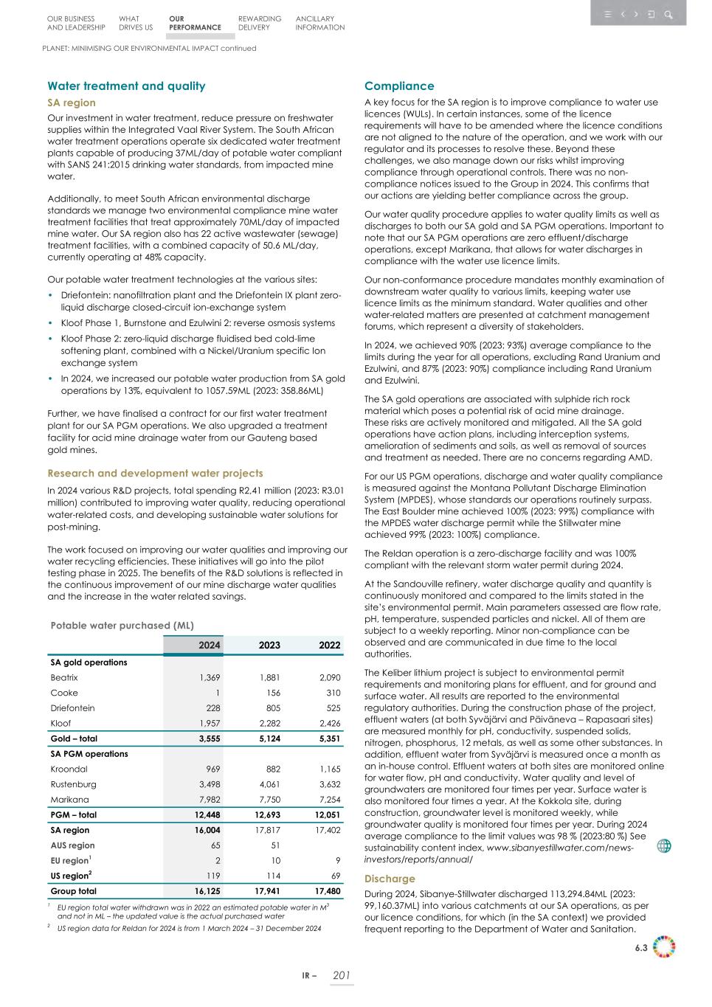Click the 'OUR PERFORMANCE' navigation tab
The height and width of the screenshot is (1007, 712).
click(194, 23)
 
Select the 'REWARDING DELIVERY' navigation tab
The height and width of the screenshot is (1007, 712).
click(259, 23)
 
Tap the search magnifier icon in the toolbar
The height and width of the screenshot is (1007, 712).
click(668, 14)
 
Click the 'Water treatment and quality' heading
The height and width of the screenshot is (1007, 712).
click(126, 86)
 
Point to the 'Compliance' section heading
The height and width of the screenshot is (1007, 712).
click(399, 86)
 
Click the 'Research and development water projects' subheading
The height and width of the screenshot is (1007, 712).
click(155, 473)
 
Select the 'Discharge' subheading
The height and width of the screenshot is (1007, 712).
click(390, 879)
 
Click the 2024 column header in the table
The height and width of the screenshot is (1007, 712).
click(209, 645)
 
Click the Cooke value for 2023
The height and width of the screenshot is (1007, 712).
click(272, 693)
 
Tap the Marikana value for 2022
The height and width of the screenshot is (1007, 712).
click(329, 800)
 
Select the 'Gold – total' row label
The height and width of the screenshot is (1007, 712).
click(74, 738)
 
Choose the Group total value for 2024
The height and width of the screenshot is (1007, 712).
click(207, 891)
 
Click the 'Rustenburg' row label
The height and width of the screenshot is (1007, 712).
click(73, 784)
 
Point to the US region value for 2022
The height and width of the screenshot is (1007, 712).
click(334, 876)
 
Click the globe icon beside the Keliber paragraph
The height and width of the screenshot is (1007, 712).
click(664, 846)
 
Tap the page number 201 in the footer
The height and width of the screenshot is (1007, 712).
click(341, 975)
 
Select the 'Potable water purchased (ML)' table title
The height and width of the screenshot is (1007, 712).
click(122, 625)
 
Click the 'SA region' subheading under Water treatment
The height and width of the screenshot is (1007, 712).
click(72, 103)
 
